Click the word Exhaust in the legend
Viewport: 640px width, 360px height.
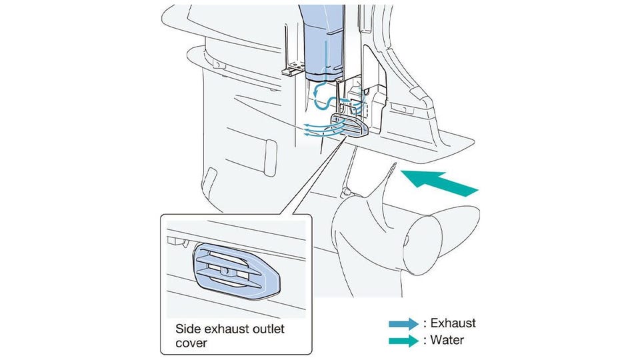453,323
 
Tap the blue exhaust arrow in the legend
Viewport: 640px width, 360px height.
404,323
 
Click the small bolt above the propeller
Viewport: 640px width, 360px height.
346,192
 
